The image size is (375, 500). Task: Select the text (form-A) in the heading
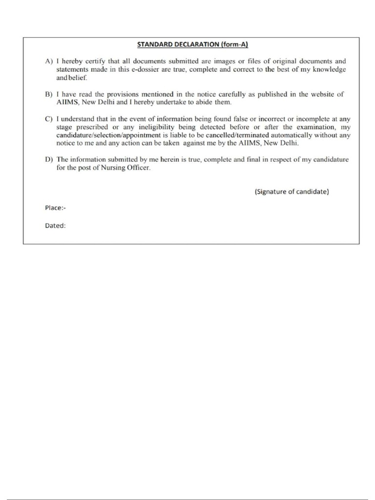234,44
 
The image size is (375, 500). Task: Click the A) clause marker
49,62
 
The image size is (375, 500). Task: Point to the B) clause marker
49,94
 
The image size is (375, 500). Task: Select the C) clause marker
49,119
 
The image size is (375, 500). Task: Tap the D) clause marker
49,159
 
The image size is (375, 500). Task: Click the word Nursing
111,167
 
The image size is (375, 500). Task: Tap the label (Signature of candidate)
292,192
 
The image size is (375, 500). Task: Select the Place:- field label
55,208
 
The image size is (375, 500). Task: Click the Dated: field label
55,226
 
